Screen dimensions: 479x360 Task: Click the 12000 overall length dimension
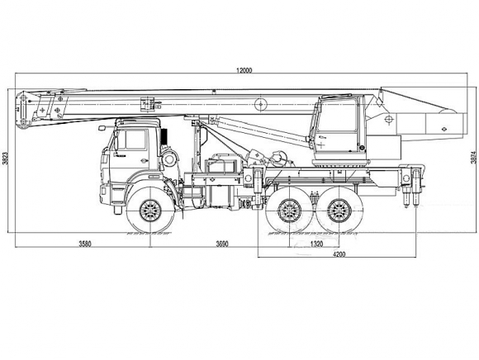[x=244, y=70]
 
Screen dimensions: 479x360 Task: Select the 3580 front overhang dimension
[x=85, y=244]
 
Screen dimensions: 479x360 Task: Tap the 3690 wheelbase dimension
[x=222, y=244]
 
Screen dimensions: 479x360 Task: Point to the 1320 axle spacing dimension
[x=316, y=244]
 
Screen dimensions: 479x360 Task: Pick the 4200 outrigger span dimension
[x=339, y=253]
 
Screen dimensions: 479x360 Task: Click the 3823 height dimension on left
[x=4, y=158]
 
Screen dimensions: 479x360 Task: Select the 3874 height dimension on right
[x=473, y=157]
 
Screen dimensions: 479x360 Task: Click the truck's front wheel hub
[x=150, y=211]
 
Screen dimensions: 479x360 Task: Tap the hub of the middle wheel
[x=289, y=211]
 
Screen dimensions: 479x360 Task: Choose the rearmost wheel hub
[x=339, y=211]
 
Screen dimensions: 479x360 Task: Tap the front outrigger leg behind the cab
[x=257, y=187]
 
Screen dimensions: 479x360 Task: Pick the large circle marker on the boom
[x=261, y=104]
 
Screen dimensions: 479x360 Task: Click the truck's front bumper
[x=104, y=195]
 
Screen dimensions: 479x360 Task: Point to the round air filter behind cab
[x=170, y=159]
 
